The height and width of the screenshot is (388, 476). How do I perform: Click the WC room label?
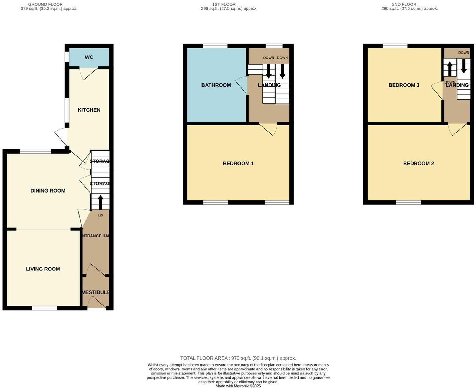click(89, 57)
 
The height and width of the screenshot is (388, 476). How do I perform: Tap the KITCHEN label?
click(89, 110)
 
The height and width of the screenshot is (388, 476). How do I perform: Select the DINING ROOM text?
click(48, 191)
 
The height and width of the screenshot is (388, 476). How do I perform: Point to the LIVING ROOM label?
click(43, 269)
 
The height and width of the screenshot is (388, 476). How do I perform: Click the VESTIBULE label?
click(96, 292)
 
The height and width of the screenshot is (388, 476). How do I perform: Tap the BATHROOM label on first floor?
click(216, 85)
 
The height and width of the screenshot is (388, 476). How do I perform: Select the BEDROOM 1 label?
click(238, 163)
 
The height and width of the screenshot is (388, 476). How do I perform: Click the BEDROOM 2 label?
click(418, 163)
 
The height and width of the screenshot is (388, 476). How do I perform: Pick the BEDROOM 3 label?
click(404, 85)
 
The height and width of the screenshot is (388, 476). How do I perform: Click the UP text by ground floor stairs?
click(100, 216)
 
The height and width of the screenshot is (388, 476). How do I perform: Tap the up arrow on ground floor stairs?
click(100, 202)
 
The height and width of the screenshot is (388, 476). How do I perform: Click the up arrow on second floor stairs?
click(449, 69)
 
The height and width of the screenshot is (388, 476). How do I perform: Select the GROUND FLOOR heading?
click(45, 4)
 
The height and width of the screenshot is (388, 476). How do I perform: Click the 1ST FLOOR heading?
click(224, 4)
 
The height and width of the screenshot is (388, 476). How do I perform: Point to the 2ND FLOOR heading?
click(404, 4)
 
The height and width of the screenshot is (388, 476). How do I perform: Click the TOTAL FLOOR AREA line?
click(238, 358)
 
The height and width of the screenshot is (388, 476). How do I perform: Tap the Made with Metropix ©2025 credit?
click(238, 386)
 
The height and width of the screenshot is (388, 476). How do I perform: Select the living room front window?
click(44, 308)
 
